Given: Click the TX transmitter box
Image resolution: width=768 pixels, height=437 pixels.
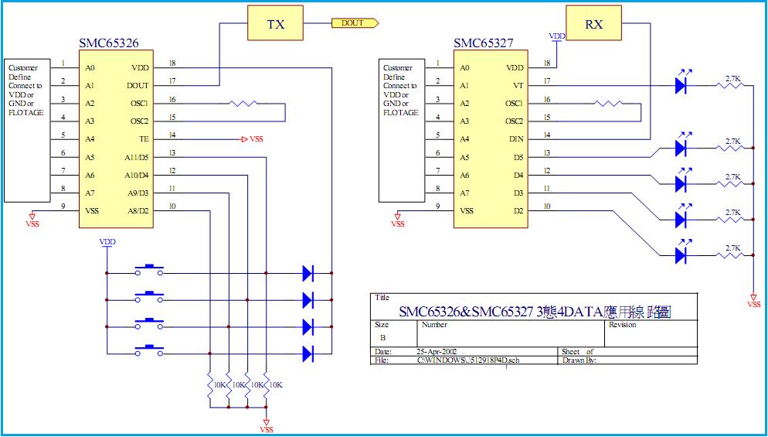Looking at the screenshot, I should pyautogui.click(x=275, y=24).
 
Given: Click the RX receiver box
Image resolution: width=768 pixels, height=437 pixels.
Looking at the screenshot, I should pyautogui.click(x=593, y=24).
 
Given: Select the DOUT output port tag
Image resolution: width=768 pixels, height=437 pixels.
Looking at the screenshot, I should pyautogui.click(x=353, y=23).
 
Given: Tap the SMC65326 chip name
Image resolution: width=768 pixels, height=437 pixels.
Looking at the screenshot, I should pyautogui.click(x=109, y=44).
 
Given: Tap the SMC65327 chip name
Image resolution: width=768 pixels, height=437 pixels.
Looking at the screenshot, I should pyautogui.click(x=483, y=44).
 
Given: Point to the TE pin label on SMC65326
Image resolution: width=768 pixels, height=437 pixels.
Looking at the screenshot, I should pyautogui.click(x=144, y=139).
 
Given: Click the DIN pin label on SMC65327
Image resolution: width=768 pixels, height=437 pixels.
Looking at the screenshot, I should pyautogui.click(x=517, y=139).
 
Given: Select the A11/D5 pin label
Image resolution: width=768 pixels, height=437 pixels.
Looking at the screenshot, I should pyautogui.click(x=136, y=157).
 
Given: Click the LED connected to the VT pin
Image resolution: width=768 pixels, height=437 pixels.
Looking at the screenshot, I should pyautogui.click(x=681, y=85).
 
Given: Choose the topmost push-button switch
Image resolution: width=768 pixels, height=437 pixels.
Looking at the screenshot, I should pyautogui.click(x=149, y=271).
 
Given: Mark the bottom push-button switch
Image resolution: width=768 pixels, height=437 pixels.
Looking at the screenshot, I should pyautogui.click(x=149, y=351).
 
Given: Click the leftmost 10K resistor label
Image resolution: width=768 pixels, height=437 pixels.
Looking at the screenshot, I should pyautogui.click(x=217, y=384).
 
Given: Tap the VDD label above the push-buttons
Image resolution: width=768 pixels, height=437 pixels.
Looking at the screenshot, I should pyautogui.click(x=107, y=242).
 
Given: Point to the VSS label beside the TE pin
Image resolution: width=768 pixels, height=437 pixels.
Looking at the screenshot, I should pyautogui.click(x=256, y=139).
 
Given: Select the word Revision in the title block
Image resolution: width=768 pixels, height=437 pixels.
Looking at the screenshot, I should pyautogui.click(x=623, y=325).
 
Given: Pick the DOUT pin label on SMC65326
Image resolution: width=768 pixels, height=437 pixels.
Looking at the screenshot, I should pyautogui.click(x=139, y=85).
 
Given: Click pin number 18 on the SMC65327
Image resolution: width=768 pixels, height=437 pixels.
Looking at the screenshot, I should pyautogui.click(x=547, y=63).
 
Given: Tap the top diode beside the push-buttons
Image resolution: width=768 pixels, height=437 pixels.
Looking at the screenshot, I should pyautogui.click(x=308, y=272).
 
